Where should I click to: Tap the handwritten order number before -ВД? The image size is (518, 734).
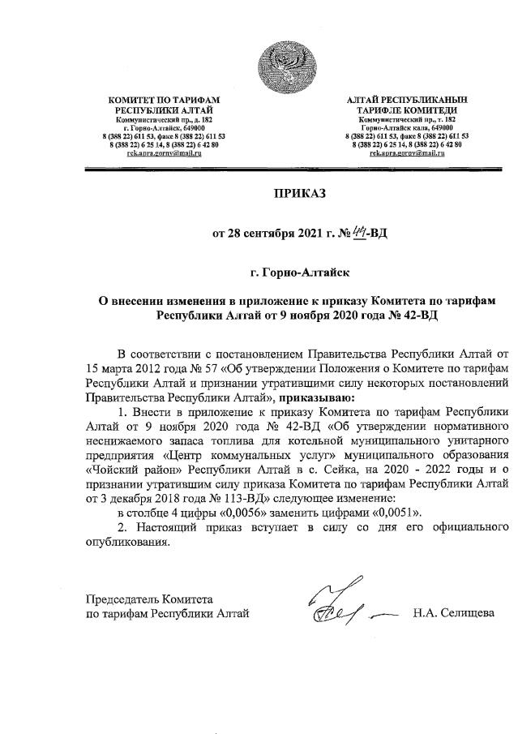click(x=345, y=234)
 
